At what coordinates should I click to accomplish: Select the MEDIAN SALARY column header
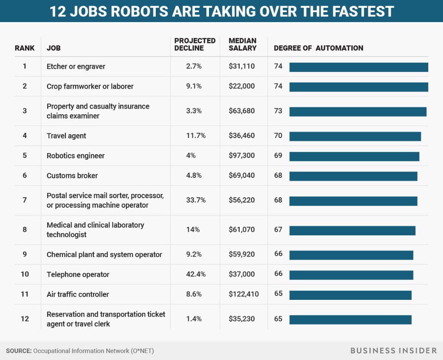click(242, 45)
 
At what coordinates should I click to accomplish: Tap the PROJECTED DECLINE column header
click(195, 45)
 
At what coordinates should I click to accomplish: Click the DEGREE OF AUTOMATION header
click(318, 48)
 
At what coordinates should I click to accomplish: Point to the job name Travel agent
click(66, 136)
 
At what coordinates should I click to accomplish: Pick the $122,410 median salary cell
click(244, 294)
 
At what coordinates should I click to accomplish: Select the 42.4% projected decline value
click(196, 274)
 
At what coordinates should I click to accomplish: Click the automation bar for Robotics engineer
click(354, 156)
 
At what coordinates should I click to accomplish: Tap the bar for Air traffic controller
click(350, 295)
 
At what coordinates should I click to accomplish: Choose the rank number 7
click(25, 200)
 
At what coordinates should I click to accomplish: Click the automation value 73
click(278, 111)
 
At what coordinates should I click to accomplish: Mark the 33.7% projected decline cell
click(196, 200)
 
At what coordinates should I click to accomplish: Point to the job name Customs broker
click(72, 176)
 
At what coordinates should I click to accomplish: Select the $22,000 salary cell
click(242, 86)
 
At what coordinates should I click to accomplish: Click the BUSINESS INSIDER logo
click(393, 350)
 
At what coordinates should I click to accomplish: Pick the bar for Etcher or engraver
click(358, 67)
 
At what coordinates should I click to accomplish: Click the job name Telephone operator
click(78, 274)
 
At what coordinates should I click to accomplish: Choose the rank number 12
click(25, 319)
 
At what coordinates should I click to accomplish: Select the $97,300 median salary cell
click(242, 156)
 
